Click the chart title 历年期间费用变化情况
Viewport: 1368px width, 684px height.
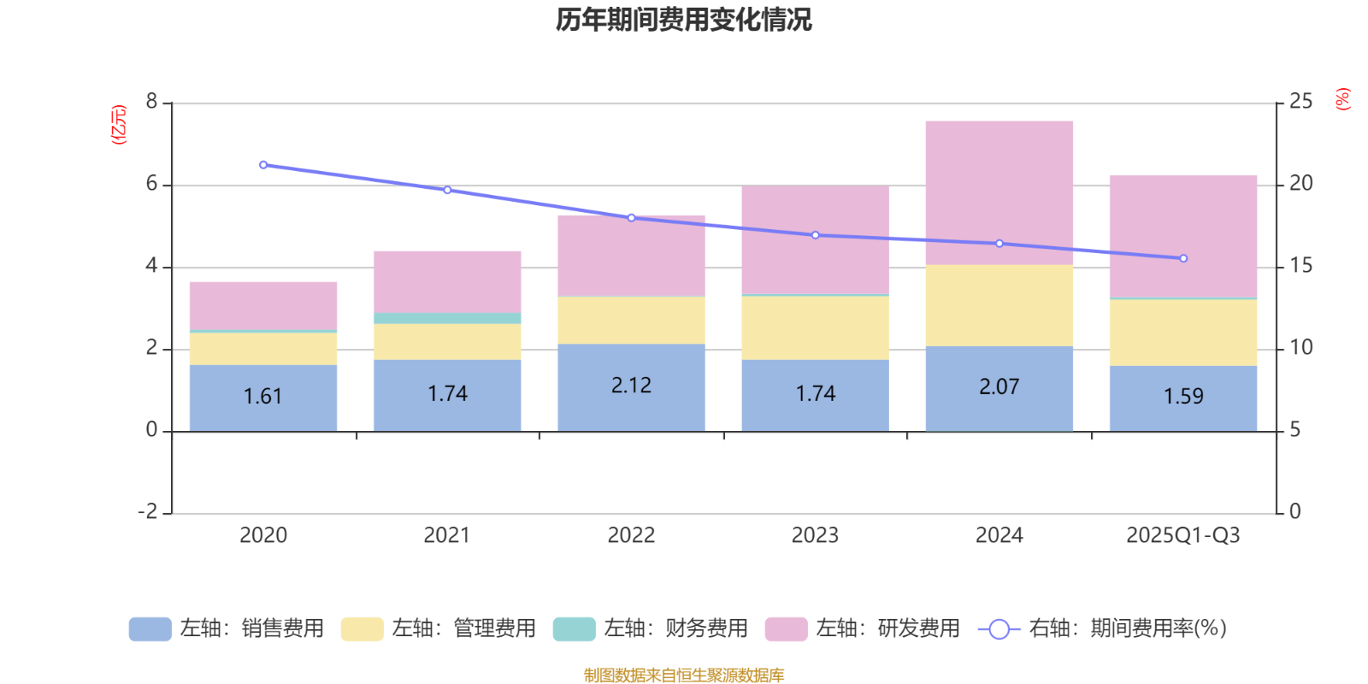pos(683,20)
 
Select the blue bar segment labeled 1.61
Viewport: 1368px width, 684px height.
pos(262,398)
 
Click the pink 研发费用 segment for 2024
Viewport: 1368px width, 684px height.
pos(999,192)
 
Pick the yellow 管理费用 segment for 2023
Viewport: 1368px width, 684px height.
pos(815,327)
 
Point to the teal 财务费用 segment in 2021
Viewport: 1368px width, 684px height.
pos(447,318)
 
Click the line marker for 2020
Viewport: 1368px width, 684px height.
pos(263,165)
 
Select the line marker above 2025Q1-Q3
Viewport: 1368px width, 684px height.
pos(1183,258)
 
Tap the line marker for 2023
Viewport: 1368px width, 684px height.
pos(815,235)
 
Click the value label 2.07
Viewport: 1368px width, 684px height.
pos(999,387)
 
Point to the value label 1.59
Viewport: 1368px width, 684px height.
pos(1183,397)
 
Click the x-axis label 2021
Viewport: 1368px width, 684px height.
pos(446,536)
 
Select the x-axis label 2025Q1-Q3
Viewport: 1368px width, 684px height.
pos(1182,536)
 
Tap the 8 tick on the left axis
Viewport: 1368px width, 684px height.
pos(152,103)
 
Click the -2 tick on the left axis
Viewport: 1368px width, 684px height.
pos(148,512)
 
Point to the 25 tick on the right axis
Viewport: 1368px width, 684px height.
pos(1300,103)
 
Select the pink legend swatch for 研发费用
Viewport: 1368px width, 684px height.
pos(786,629)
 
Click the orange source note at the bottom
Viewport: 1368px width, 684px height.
pos(683,675)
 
